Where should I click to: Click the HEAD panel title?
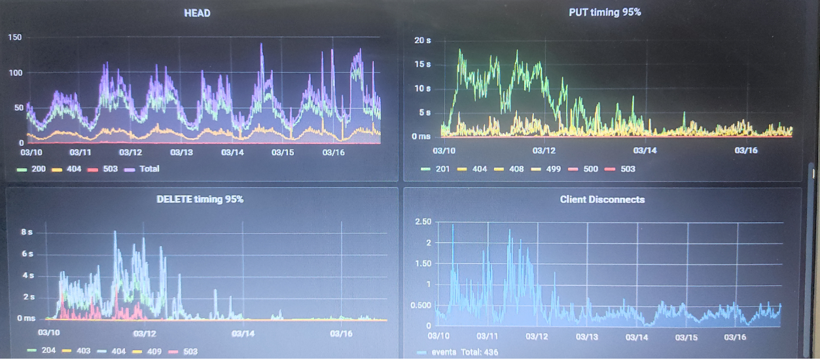[197, 12]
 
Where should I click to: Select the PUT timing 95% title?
[604, 12]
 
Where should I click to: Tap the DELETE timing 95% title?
[200, 199]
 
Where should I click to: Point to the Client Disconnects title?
[602, 199]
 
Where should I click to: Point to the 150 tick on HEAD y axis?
[14, 37]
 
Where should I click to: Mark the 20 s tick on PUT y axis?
[423, 41]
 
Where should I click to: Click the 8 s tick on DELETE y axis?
[27, 232]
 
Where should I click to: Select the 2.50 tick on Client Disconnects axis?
[423, 223]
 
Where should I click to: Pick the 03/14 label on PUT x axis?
[645, 150]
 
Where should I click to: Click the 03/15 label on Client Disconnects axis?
[686, 337]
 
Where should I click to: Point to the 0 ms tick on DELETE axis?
[26, 319]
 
